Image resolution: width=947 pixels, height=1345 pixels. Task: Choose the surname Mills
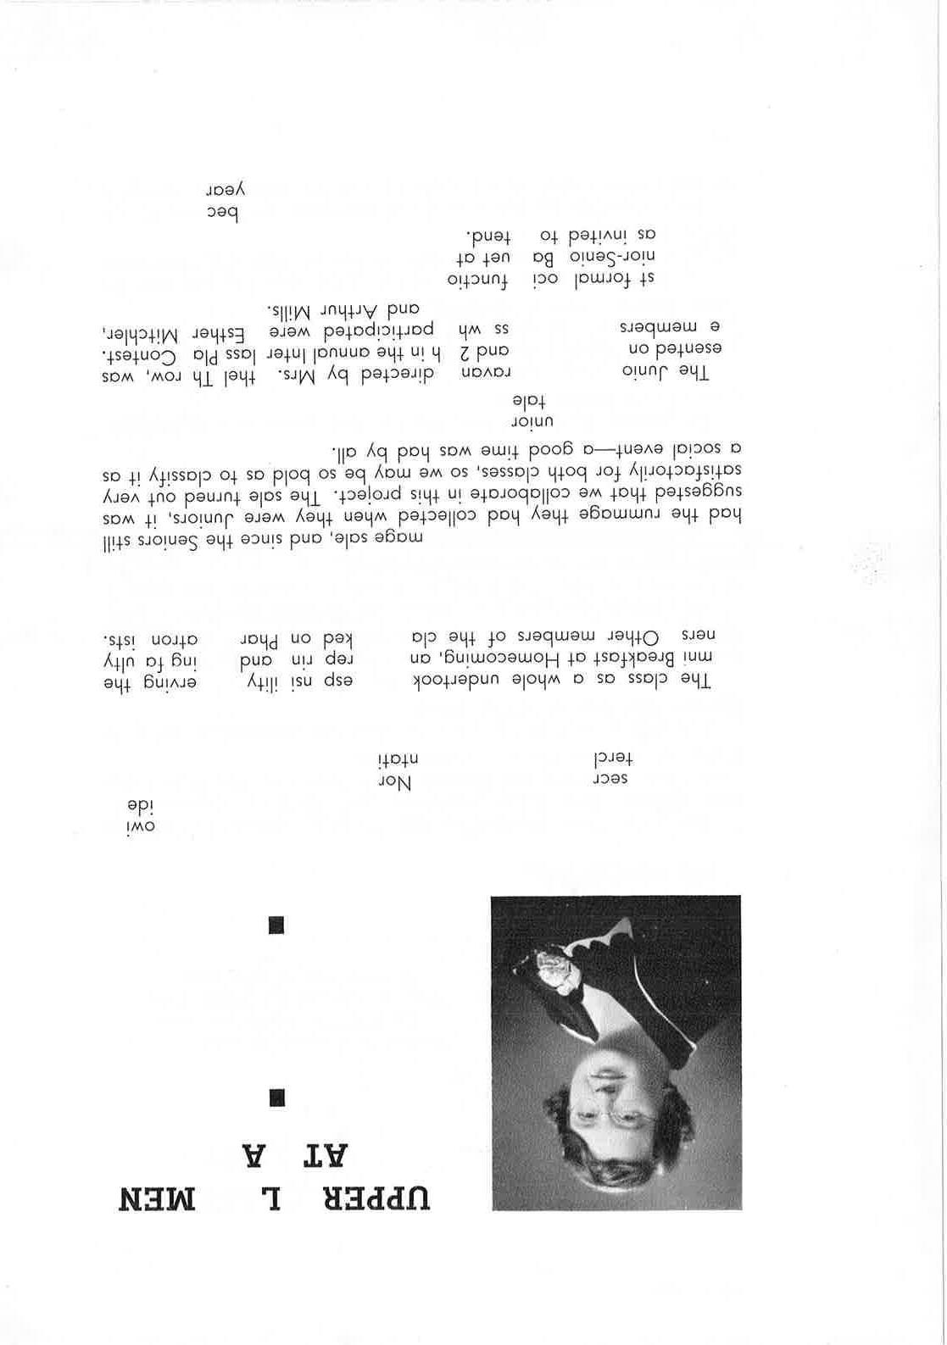284,308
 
